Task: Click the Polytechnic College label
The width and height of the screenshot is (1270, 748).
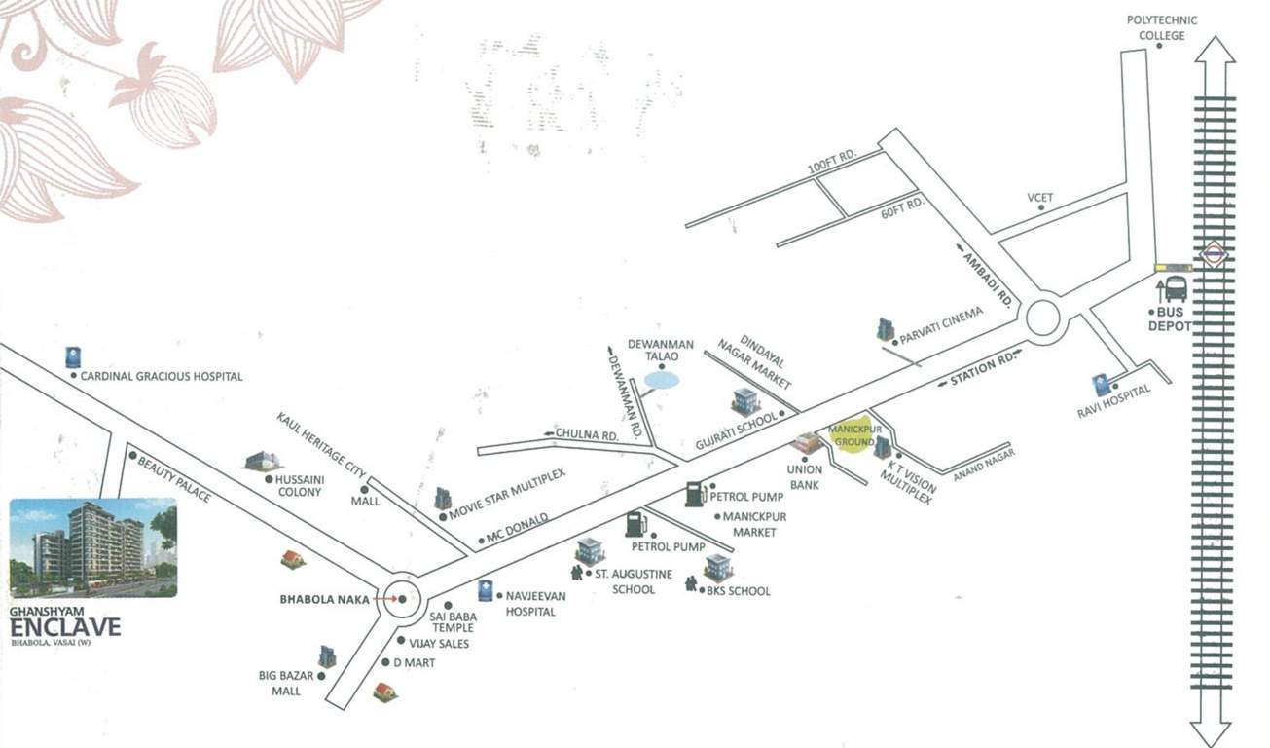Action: pos(1162,27)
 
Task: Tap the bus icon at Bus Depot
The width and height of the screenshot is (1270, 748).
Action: pos(1175,289)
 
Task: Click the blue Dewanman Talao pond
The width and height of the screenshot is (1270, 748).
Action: pos(664,382)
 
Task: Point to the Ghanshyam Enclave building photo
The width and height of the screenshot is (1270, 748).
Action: pos(92,547)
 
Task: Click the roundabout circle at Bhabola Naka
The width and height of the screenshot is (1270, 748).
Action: pos(401,599)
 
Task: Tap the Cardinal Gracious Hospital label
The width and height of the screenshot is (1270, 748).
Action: pos(162,376)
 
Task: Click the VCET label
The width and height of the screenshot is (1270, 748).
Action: pos(1040,198)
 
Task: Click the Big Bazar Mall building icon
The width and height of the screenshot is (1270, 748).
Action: pos(327,657)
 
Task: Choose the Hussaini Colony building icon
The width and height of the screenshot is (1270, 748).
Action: pos(262,461)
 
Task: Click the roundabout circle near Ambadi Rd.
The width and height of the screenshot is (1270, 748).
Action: pos(1042,318)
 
